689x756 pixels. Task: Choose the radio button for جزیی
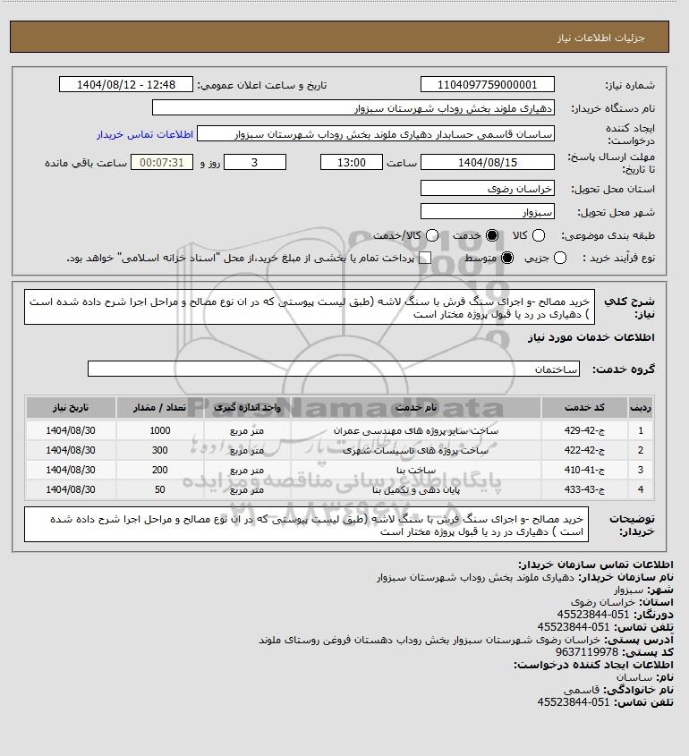[560, 258]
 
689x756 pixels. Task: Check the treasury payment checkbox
[425, 258]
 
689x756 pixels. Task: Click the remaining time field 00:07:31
[162, 162]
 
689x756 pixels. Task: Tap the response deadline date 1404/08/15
[487, 162]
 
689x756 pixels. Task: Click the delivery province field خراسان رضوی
[487, 189]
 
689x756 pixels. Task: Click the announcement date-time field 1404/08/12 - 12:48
[125, 85]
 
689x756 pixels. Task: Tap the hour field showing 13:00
[353, 162]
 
